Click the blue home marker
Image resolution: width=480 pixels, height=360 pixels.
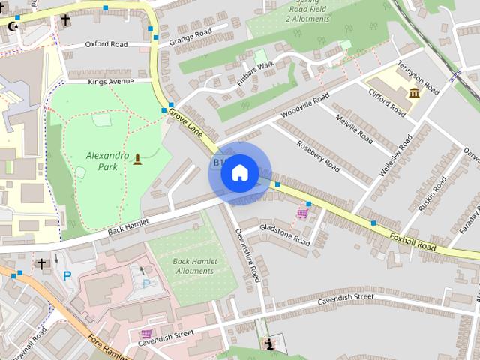(239, 173)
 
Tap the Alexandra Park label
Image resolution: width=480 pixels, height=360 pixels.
(108, 161)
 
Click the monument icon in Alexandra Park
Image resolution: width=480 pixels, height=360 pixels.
(137, 158)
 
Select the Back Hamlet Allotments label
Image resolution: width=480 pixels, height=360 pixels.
(193, 266)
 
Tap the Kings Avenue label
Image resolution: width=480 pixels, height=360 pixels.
(110, 81)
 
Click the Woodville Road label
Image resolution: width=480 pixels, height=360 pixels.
(304, 106)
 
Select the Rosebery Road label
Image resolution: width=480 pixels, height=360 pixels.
(318, 153)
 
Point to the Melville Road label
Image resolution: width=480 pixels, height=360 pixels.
(354, 129)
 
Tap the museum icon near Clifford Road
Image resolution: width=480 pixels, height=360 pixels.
(414, 93)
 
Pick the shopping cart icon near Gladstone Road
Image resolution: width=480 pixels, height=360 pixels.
(302, 214)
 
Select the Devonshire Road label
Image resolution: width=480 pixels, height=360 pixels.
(247, 254)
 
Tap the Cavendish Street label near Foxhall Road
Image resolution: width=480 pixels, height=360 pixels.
(346, 298)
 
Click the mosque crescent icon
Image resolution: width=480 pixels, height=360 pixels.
(11, 26)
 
